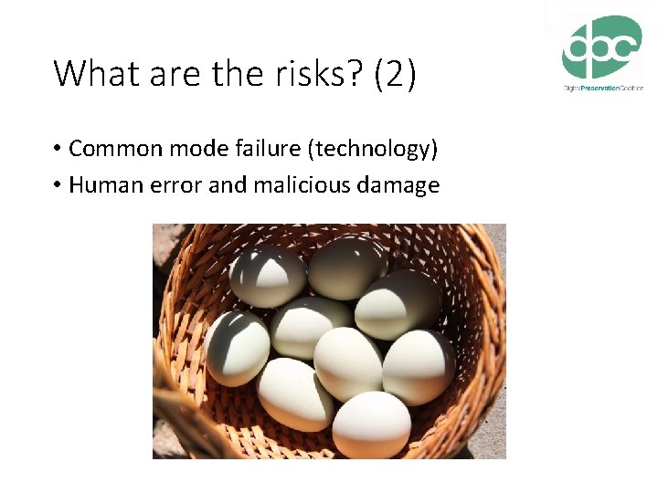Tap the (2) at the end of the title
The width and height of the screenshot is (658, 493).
pyautogui.click(x=395, y=73)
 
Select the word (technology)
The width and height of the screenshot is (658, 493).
pyautogui.click(x=333, y=149)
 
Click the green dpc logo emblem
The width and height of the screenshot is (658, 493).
pyautogui.click(x=601, y=47)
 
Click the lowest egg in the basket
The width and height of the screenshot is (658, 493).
pyautogui.click(x=371, y=425)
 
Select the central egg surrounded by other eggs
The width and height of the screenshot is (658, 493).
pyautogui.click(x=347, y=361)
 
